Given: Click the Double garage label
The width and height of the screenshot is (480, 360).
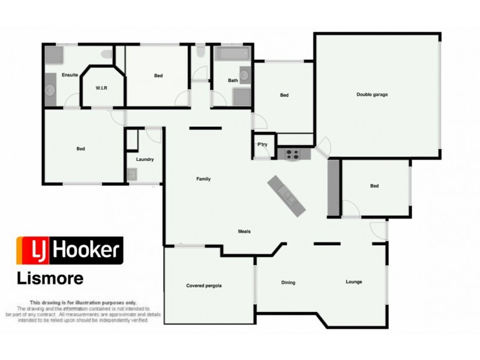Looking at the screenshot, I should click(371, 94).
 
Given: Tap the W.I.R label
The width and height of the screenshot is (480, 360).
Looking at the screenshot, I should click(101, 88).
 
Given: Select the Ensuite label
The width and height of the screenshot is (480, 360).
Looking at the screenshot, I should click(70, 75).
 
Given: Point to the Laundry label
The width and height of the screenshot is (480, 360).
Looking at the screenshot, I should click(145, 160).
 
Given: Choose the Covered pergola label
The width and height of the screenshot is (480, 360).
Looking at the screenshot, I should click(204, 286).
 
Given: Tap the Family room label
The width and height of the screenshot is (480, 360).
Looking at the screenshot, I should click(203, 179).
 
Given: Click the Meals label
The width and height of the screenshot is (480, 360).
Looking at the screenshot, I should click(244, 232).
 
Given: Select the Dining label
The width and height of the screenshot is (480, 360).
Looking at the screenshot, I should click(289, 282).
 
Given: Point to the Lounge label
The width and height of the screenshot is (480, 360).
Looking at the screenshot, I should click(354, 282).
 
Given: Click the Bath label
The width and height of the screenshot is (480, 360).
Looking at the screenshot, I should click(233, 80).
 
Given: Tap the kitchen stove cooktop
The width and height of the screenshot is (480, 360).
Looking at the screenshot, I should click(292, 154).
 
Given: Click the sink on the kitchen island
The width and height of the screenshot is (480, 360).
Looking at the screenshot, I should click(289, 194).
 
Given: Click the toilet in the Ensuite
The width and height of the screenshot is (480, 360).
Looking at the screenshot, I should click(107, 56).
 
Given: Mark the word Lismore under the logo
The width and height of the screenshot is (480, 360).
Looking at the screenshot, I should click(49, 279).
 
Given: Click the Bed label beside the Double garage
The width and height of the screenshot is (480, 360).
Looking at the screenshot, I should click(284, 95).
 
